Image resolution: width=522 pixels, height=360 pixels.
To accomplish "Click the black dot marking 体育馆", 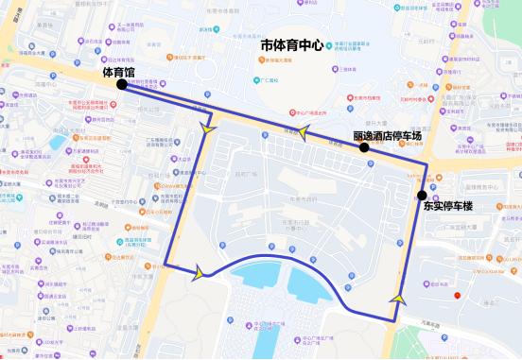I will [122, 85].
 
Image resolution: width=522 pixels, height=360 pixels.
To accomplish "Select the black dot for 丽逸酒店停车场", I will [364, 147].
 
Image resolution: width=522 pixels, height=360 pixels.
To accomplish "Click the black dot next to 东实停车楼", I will [421, 196].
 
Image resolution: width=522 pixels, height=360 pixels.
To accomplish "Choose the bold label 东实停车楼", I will [449, 205].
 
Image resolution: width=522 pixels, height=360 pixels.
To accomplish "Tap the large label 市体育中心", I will [292, 45].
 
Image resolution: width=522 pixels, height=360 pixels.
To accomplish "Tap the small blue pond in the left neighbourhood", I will [59, 142].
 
